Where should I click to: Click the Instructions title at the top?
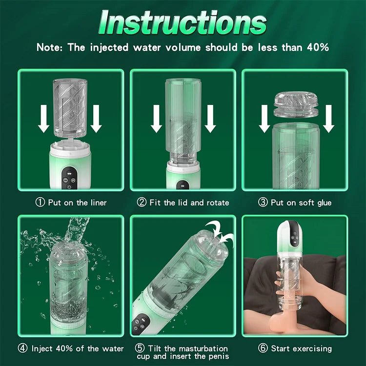183,22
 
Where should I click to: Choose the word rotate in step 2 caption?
216,202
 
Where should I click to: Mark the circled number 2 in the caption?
142,202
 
